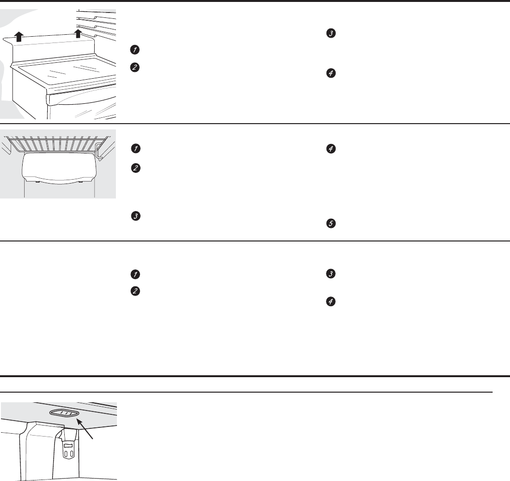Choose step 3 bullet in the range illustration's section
coord(330,33)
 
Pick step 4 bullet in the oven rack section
coord(330,150)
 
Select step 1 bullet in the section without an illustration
coord(136,274)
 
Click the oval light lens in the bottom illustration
coord(62,413)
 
